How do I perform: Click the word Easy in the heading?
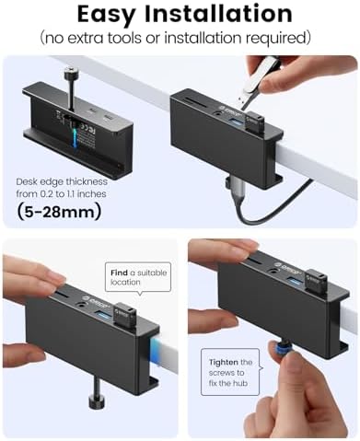[107, 15]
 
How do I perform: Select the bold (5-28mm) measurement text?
[59, 212]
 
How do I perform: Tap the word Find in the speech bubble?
[119, 273]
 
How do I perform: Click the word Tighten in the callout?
[224, 362]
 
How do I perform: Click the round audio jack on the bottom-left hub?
[82, 305]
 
